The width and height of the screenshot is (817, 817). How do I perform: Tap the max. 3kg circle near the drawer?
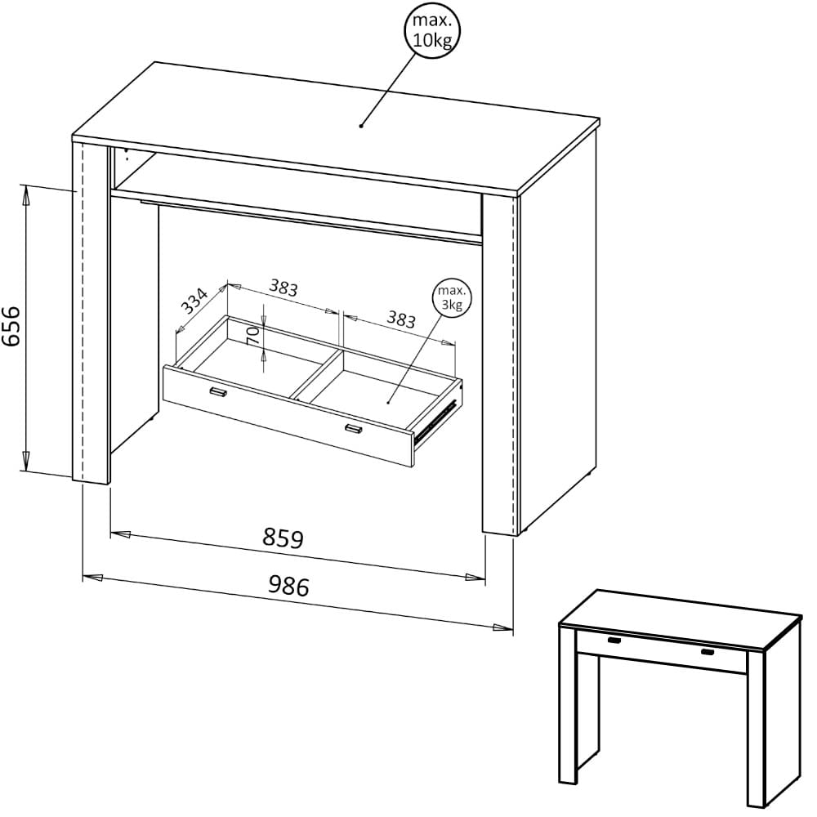(450, 299)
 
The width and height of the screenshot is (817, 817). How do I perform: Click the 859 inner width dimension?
(283, 538)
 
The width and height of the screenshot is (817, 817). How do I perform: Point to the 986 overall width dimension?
(288, 585)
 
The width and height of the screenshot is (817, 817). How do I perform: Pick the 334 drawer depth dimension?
(194, 301)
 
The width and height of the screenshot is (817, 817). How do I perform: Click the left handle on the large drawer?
(217, 393)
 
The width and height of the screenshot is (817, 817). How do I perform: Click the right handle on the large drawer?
(353, 429)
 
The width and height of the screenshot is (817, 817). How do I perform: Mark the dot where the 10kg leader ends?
(360, 126)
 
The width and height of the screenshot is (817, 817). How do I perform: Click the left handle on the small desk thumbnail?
(613, 640)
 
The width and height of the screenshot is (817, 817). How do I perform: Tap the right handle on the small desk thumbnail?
(708, 652)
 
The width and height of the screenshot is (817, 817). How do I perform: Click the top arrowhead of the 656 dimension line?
(26, 194)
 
